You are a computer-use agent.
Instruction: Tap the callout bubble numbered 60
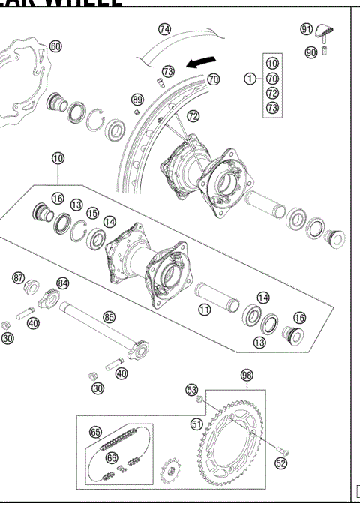55,46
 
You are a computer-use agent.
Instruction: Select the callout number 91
307,29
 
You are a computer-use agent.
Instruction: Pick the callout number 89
137,99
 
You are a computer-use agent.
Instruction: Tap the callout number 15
93,214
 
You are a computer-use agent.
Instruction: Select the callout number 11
204,308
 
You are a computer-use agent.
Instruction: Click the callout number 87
19,277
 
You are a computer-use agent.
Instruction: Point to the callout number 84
63,283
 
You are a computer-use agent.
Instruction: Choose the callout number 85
109,317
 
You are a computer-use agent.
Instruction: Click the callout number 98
247,375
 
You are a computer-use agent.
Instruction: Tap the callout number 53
192,390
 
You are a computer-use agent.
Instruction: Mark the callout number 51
196,424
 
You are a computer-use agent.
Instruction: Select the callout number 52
280,463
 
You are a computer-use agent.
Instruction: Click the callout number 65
95,432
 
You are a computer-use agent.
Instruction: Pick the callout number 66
111,457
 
